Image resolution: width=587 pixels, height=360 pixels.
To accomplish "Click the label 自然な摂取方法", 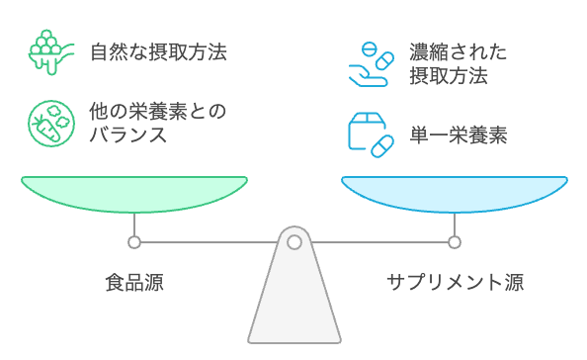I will (x=158, y=50).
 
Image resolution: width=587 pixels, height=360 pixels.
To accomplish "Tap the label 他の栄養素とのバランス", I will (x=158, y=122).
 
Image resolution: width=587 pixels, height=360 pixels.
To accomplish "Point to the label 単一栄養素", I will (x=459, y=135).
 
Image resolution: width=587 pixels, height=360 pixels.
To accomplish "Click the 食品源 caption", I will (x=134, y=283).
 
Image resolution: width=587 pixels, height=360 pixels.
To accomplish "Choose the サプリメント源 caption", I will (x=455, y=283).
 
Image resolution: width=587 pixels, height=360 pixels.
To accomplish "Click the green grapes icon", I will (x=45, y=50).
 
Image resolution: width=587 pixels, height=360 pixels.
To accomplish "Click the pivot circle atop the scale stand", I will (x=293, y=241).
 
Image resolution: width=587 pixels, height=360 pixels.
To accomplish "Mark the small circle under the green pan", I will (x=134, y=241).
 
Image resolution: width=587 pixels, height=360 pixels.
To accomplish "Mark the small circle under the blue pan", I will (x=455, y=241).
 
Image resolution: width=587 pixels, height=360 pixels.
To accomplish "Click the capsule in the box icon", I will (x=379, y=146).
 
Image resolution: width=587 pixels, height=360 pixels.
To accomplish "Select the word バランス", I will (x=123, y=135).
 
